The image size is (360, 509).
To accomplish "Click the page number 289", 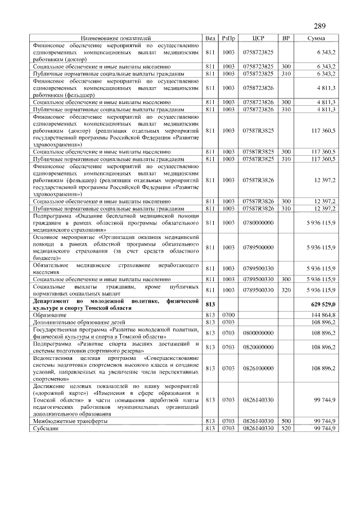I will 319,26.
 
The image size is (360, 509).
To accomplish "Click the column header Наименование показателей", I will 116,38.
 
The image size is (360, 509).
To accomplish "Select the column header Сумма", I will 315,38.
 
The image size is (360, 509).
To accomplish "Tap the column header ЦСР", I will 258,38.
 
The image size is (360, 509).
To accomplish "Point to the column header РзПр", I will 228,38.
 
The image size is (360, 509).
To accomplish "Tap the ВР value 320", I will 286,290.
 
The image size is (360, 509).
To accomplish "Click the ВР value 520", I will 286,429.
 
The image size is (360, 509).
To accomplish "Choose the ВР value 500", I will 286,422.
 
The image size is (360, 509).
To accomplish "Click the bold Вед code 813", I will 210,304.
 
